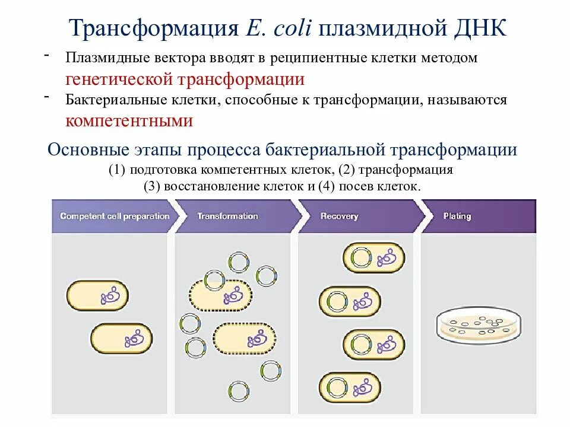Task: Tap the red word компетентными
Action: [129, 120]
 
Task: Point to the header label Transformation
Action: [227, 216]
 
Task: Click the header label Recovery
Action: [339, 216]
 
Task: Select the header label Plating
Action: [457, 216]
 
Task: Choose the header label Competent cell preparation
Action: [115, 216]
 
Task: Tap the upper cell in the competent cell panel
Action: [97, 297]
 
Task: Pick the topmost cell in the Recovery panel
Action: [373, 257]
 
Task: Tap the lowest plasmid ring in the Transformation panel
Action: [238, 391]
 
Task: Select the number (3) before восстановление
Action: [152, 186]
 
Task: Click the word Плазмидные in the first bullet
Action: [106, 59]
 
